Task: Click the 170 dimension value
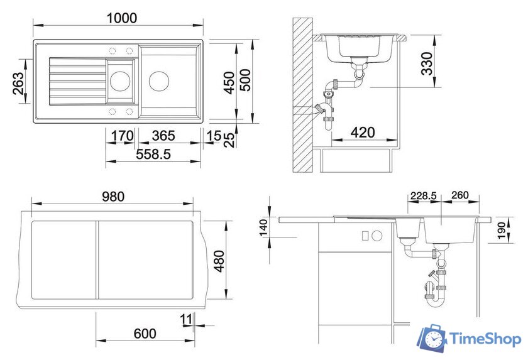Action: click(x=122, y=136)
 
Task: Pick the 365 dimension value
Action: click(x=163, y=136)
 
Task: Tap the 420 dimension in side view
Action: click(x=363, y=133)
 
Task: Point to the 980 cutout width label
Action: click(x=113, y=197)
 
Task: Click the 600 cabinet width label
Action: click(x=145, y=334)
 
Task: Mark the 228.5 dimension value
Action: click(x=423, y=196)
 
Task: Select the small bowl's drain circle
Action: click(x=119, y=80)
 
